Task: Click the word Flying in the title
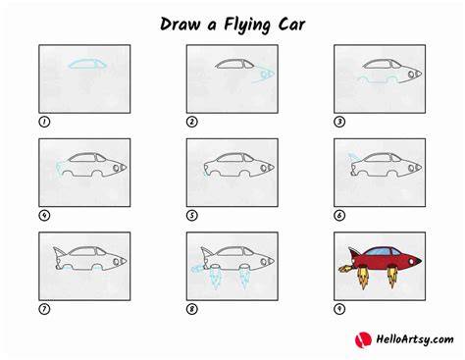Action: pyautogui.click(x=247, y=26)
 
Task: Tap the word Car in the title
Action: pyautogui.click(x=291, y=25)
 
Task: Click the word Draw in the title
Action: pyautogui.click(x=180, y=25)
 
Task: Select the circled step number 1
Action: pyautogui.click(x=44, y=122)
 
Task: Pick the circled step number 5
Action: pyautogui.click(x=192, y=216)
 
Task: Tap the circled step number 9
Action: pyautogui.click(x=339, y=309)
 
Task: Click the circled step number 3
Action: pyautogui.click(x=339, y=122)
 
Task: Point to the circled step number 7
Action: pyautogui.click(x=44, y=309)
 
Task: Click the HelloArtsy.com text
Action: pyautogui.click(x=415, y=339)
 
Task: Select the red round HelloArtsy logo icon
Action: pyautogui.click(x=363, y=339)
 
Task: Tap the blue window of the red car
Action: pyautogui.click(x=382, y=251)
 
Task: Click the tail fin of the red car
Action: pyautogui.click(x=354, y=253)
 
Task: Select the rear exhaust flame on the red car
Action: pyautogui.click(x=345, y=269)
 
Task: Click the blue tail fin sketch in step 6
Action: pyautogui.click(x=354, y=157)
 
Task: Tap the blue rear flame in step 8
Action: pyautogui.click(x=197, y=270)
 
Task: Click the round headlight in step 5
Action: pyautogui.click(x=264, y=168)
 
